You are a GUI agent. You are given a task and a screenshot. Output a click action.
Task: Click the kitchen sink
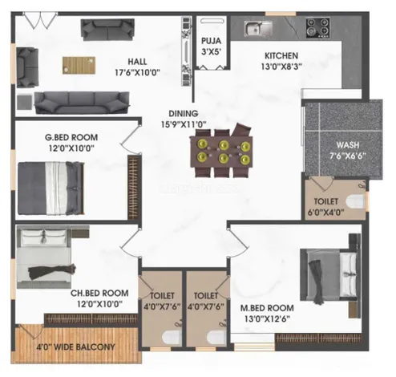(258, 28)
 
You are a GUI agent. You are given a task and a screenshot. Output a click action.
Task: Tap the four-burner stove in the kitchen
(317, 28)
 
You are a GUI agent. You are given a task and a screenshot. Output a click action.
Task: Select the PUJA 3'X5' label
(212, 46)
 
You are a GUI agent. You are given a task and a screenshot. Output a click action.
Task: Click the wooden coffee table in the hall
(79, 65)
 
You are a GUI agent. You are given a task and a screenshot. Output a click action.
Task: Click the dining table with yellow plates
(221, 152)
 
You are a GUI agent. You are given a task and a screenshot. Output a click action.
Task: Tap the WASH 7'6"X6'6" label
(347, 150)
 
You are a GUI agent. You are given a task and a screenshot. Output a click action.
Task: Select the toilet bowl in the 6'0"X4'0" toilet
(356, 201)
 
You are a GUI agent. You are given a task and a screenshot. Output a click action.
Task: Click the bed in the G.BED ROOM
(51, 188)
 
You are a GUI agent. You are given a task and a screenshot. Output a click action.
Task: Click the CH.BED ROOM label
(99, 293)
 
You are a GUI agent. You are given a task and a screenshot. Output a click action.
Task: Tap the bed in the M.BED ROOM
(329, 275)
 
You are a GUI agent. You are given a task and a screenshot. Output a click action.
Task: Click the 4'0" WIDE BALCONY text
(75, 347)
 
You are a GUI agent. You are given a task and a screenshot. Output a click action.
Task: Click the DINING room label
(184, 113)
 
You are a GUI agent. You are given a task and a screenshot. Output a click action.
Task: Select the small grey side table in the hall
(25, 102)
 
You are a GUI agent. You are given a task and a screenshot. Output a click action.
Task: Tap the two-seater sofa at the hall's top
(107, 30)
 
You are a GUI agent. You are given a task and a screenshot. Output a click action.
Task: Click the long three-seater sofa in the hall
(82, 103)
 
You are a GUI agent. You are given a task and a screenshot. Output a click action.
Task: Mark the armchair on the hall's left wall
(27, 67)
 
